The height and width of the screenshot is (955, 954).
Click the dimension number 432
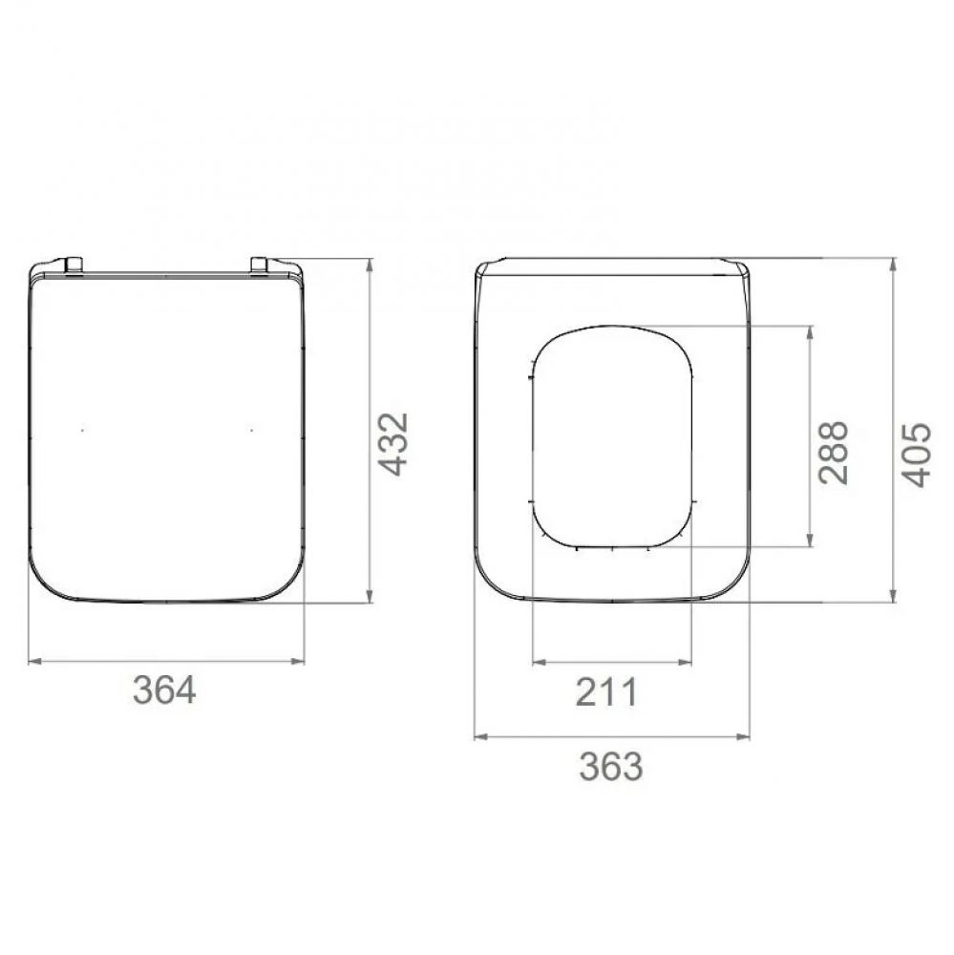pyautogui.click(x=392, y=444)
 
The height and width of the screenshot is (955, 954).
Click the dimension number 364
pyautogui.click(x=164, y=690)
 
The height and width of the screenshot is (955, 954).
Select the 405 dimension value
pyautogui.click(x=916, y=455)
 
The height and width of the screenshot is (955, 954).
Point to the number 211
pyautogui.click(x=605, y=691)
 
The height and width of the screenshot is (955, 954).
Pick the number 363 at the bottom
pyautogui.click(x=611, y=766)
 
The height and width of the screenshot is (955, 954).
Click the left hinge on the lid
pyautogui.click(x=74, y=265)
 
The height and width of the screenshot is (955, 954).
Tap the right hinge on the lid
pyautogui.click(x=260, y=265)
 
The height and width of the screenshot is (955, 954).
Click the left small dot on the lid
pyautogui.click(x=83, y=431)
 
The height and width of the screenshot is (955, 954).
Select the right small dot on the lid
pyautogui.click(x=252, y=431)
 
